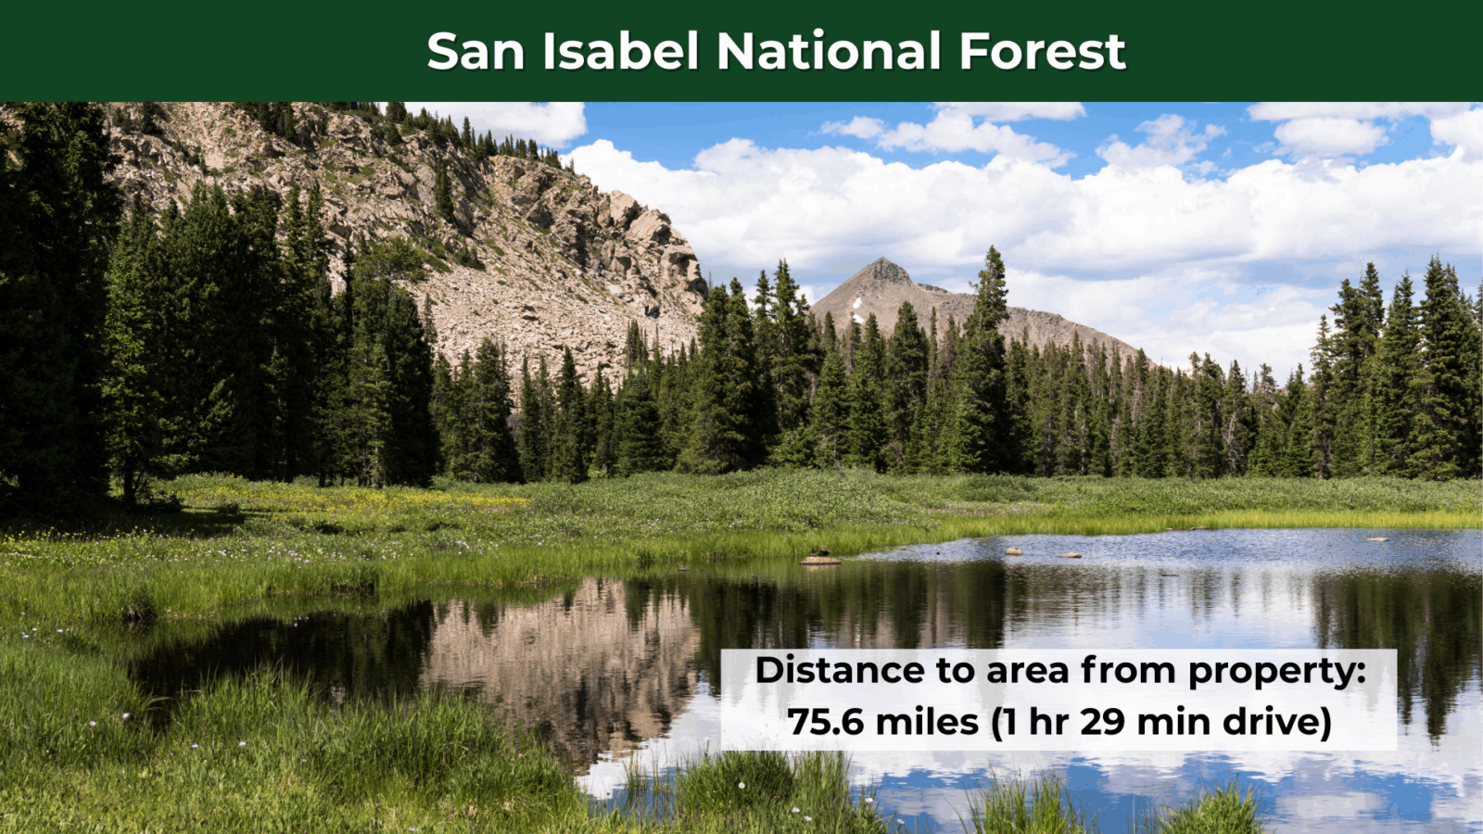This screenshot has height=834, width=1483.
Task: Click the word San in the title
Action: [476, 51]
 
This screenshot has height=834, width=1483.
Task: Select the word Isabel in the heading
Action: [621, 50]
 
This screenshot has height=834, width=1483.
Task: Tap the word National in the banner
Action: [829, 50]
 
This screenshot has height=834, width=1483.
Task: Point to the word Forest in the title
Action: [1043, 51]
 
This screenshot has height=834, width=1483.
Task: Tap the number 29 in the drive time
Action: [1102, 721]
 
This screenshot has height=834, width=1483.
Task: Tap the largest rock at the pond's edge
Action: [820, 561]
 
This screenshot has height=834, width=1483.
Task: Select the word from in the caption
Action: [1128, 670]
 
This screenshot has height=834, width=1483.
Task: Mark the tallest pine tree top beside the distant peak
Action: [991, 249]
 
